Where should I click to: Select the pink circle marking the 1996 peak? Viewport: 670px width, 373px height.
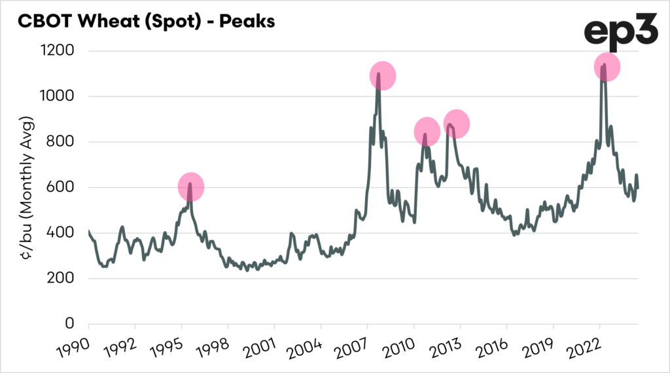click(191, 187)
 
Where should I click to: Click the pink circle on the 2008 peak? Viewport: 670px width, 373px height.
click(383, 76)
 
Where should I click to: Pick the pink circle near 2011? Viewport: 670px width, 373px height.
click(427, 132)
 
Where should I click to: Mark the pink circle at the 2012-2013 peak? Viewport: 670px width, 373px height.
click(457, 124)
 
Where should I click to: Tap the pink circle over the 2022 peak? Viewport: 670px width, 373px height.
click(607, 67)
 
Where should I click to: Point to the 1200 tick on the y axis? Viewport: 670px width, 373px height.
click(59, 51)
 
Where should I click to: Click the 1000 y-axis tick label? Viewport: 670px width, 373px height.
click(59, 97)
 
